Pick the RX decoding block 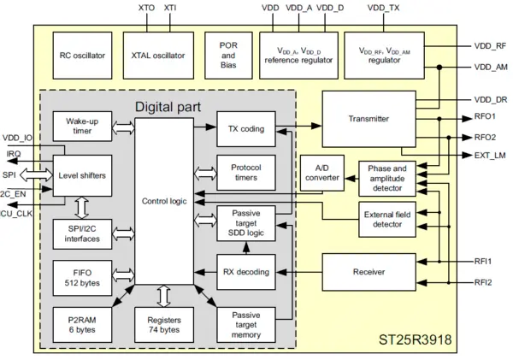[245, 272]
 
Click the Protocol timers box [245, 174]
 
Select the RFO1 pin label [486, 118]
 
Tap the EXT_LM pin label [489, 155]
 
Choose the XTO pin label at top [145, 9]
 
